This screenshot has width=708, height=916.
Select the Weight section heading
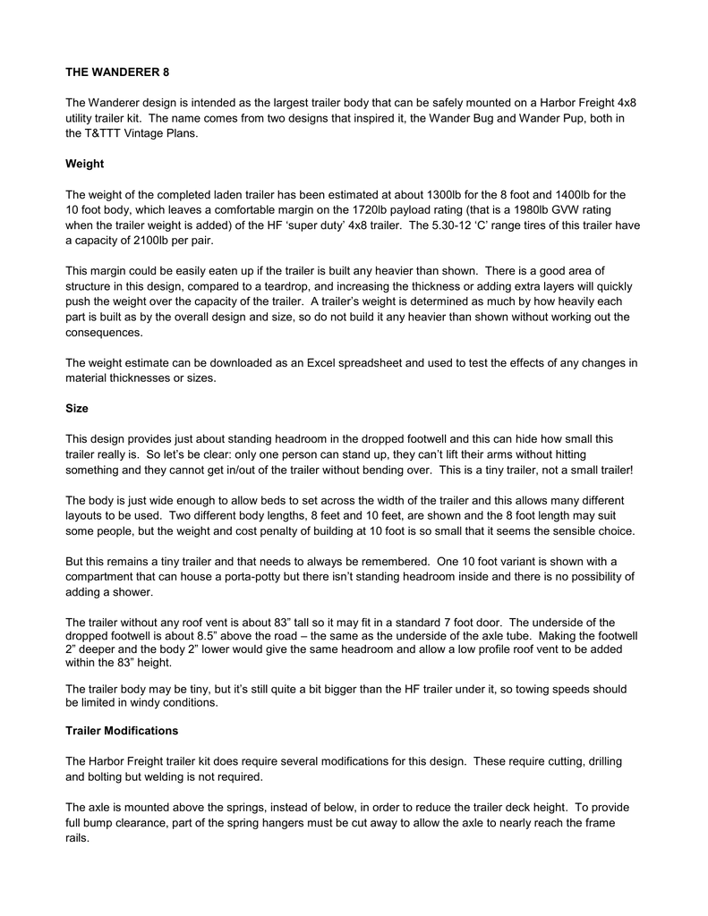(x=85, y=164)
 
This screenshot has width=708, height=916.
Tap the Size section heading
(x=77, y=408)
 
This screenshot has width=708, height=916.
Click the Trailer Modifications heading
(x=122, y=731)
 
